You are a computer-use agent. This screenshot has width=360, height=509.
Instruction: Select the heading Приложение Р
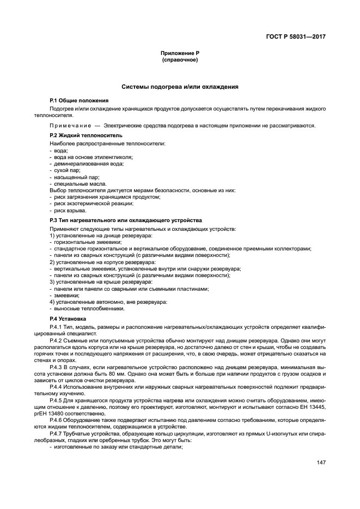[180, 53]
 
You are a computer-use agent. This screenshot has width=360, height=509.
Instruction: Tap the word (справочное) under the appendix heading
[180, 59]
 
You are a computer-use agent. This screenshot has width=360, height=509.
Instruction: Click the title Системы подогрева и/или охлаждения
[180, 87]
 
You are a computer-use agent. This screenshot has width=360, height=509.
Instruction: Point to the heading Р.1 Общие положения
[79, 101]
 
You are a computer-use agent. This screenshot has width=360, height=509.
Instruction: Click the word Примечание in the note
[73, 125]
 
